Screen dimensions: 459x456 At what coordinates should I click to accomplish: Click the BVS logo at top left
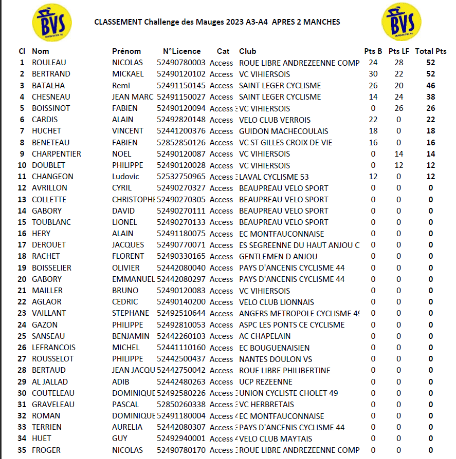51,22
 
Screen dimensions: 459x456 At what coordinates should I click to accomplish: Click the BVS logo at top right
402,22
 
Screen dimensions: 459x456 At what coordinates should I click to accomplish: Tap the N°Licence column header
182,51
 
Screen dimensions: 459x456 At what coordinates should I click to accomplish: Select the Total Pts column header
431,51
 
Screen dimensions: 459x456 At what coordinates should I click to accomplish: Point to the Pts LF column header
399,51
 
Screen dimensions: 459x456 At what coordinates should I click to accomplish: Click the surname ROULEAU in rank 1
49,63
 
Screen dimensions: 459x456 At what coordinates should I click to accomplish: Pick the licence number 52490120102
181,74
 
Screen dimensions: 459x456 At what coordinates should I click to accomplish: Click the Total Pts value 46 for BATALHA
431,85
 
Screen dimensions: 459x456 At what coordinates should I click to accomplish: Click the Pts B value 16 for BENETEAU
373,142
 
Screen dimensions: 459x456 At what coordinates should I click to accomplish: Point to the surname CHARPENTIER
57,154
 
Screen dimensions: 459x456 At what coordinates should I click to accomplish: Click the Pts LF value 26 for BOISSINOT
399,108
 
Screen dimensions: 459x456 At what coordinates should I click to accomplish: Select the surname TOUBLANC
51,222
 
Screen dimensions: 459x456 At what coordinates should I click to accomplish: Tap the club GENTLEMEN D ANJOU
278,256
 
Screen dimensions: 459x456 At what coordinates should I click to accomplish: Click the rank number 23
22,313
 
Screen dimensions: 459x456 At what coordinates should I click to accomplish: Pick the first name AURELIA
127,427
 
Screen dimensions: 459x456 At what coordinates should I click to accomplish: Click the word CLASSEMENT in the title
118,22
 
